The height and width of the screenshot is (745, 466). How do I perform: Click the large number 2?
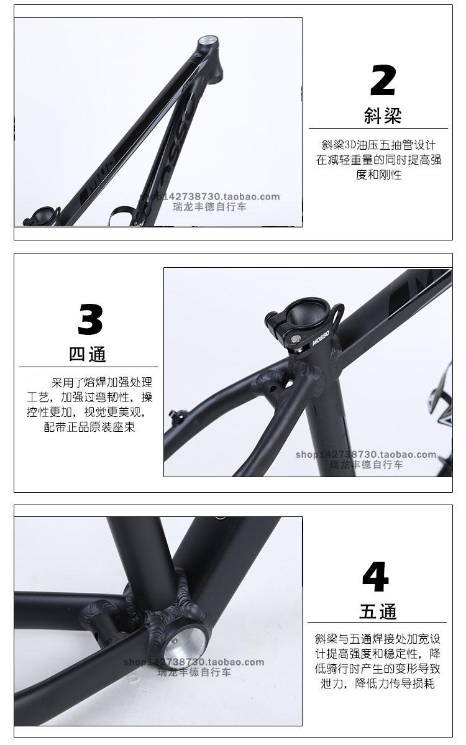point(383,80)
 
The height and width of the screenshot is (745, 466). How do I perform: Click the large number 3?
point(90,319)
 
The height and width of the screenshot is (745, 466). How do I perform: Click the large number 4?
point(375,577)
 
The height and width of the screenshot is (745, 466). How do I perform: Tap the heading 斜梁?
point(382,116)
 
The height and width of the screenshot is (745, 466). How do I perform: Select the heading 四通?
point(88,354)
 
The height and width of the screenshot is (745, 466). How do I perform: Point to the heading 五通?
point(378,611)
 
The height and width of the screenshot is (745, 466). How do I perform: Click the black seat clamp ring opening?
point(309,312)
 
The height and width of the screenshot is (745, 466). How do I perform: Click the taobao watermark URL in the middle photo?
point(366,454)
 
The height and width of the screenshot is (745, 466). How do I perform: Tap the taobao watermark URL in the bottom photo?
point(194,662)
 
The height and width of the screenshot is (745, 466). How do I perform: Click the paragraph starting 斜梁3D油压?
point(378,160)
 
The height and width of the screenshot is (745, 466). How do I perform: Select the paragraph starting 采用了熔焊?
point(89,404)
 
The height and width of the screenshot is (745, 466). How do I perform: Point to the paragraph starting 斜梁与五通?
point(378,661)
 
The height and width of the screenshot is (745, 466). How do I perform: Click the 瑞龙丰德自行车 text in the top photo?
point(209,207)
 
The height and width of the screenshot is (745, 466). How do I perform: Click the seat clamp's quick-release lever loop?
point(337,314)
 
